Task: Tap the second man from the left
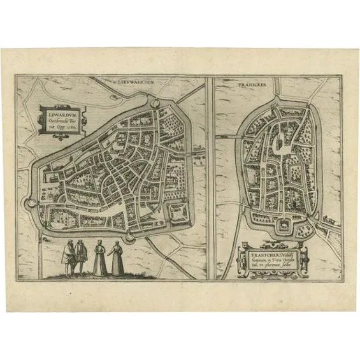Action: (82, 257)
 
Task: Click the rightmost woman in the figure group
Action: (117, 259)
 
